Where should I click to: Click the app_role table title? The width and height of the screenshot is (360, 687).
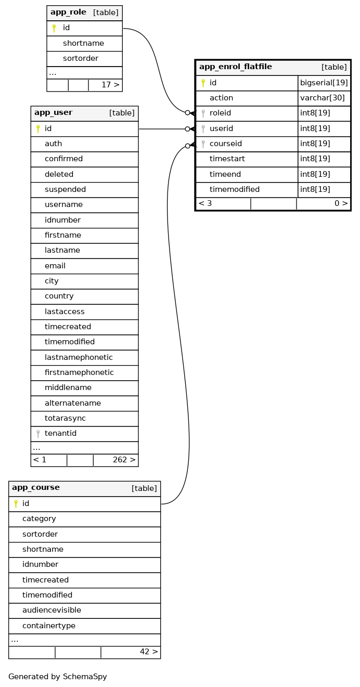coord(68,12)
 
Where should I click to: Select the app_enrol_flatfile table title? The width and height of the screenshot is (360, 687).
coord(235,67)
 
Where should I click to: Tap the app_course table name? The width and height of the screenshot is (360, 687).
coord(36,488)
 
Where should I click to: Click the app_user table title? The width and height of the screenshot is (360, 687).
coord(53,113)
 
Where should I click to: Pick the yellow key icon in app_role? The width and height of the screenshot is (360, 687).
coord(54,28)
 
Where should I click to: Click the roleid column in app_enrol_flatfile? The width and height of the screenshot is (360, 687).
coord(220,113)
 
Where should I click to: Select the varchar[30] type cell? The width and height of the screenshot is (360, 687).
coord(322,98)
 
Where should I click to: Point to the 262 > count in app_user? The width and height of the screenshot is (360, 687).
coord(124,460)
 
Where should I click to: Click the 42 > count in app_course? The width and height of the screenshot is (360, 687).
coord(149,652)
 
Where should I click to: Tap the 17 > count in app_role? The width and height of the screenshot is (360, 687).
coord(110,85)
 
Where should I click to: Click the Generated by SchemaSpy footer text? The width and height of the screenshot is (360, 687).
coord(58,677)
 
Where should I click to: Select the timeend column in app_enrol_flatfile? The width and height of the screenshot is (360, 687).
coord(224,174)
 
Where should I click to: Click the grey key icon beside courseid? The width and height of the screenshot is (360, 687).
coord(203,144)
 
